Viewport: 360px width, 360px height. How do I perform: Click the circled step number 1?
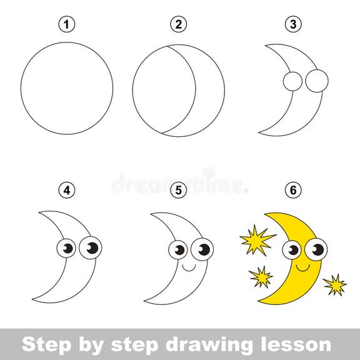[67, 25]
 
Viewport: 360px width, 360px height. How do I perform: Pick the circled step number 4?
[67, 189]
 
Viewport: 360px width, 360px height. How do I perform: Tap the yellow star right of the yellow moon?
[336, 285]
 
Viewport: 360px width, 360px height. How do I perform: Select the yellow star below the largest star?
[261, 275]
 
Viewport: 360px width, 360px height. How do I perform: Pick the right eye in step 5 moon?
[202, 249]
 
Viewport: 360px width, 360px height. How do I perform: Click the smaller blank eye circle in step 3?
[291, 81]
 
